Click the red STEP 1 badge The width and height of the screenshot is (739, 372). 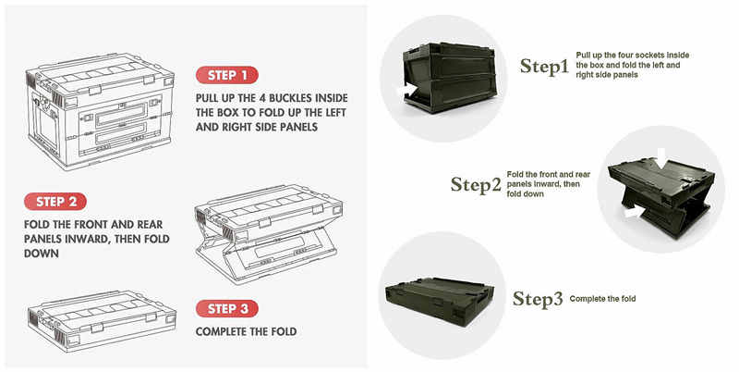click(x=226, y=75)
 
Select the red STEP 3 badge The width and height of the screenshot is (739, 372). click(x=226, y=309)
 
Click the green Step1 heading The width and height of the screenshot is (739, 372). click(x=544, y=66)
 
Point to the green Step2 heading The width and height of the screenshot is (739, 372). click(x=476, y=183)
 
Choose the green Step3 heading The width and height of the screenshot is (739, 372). click(x=538, y=298)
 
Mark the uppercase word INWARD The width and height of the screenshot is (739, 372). click(x=104, y=238)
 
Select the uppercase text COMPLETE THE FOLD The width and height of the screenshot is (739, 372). click(x=246, y=331)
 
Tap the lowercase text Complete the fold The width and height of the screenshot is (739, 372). click(x=602, y=299)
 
